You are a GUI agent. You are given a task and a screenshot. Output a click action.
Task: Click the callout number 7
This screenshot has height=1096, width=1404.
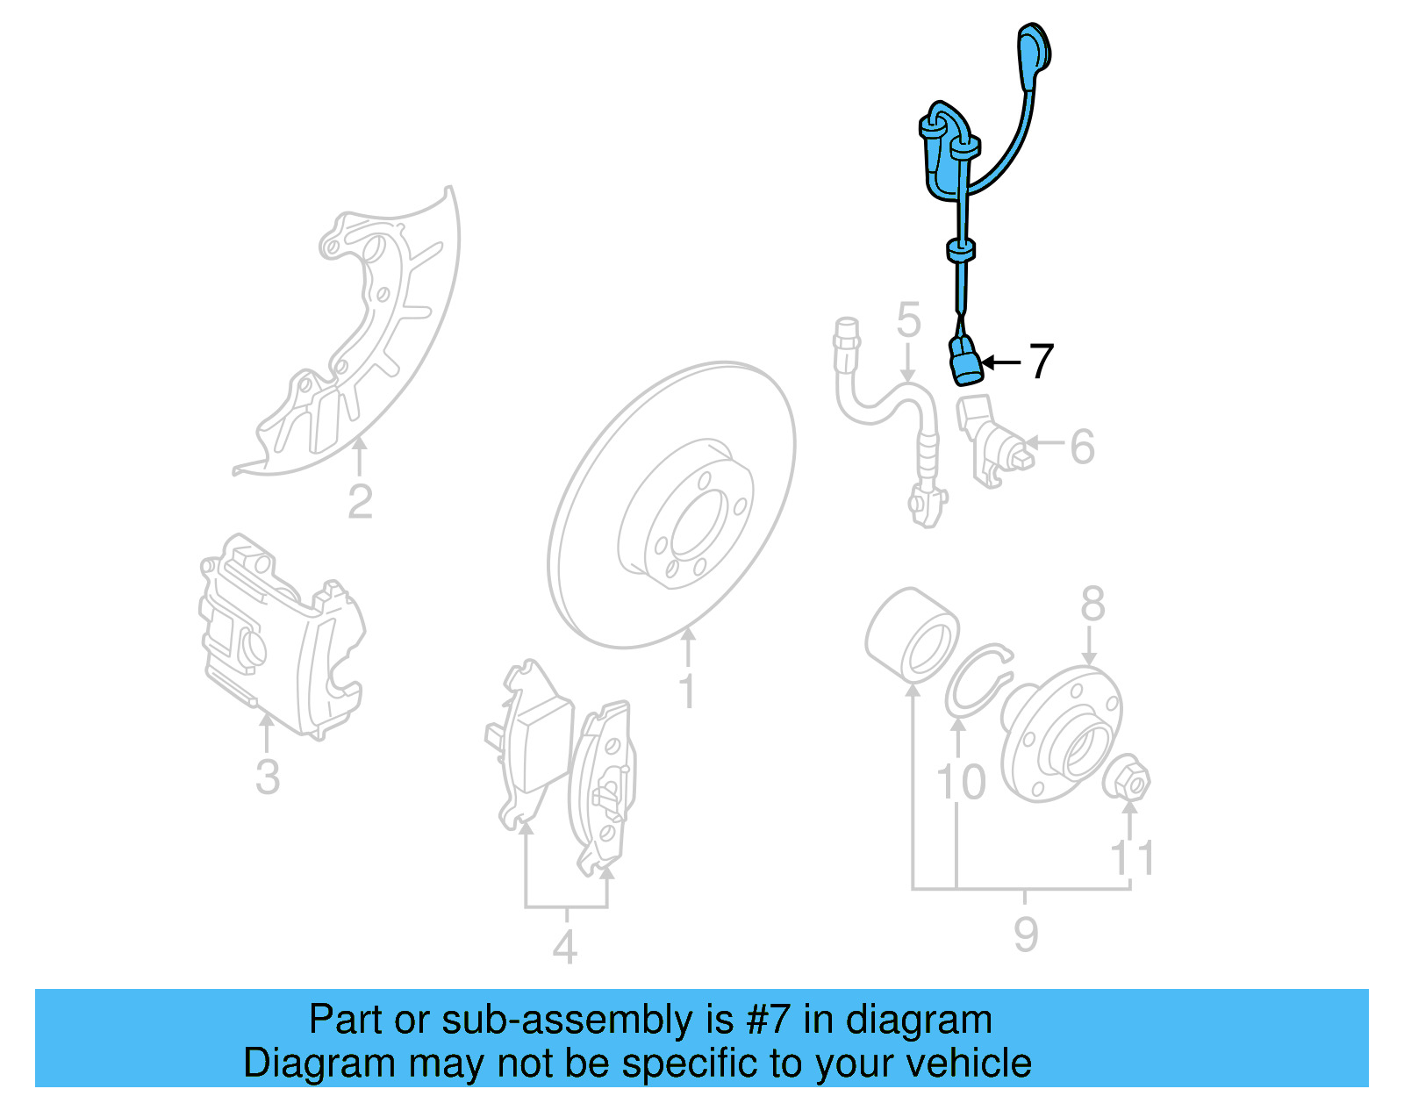coord(1041,362)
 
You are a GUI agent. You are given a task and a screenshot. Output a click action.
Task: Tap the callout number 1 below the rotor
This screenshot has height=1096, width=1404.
coord(687,691)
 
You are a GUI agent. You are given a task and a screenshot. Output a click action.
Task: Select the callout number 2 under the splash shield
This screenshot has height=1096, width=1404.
coord(360,502)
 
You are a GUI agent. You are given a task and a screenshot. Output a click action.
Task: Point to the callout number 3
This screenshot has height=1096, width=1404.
coord(267,777)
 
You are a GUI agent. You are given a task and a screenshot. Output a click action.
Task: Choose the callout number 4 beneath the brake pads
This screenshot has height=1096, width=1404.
coord(564,947)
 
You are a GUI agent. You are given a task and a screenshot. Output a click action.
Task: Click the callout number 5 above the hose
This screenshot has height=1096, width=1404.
coord(908,320)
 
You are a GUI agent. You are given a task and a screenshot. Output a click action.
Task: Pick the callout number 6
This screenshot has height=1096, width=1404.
coord(1082,447)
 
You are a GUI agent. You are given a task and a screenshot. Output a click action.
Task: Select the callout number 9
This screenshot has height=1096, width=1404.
coord(1025,935)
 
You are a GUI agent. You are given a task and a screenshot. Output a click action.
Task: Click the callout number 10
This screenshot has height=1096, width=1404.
coord(961,782)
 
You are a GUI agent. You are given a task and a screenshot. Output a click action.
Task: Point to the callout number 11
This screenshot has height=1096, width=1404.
coord(1132,858)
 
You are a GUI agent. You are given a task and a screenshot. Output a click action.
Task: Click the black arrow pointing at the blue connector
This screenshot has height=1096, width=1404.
coord(1000,362)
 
